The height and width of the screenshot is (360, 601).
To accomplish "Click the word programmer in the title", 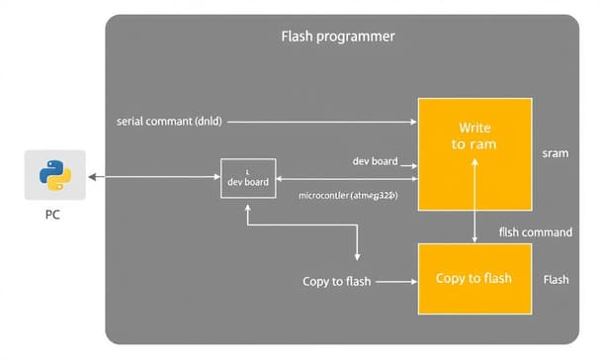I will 356,37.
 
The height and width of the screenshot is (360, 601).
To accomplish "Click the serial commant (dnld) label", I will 169,122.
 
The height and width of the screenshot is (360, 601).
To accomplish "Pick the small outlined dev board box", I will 247,177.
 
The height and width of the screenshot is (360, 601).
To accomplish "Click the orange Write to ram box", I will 474,153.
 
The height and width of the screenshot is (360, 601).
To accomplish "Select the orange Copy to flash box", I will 474,278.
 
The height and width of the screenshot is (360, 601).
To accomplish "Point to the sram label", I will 555,154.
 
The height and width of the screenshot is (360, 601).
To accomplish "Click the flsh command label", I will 535,232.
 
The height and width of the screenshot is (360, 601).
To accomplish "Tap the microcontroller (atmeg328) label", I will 348,196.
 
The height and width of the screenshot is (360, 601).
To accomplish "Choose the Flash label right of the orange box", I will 556,280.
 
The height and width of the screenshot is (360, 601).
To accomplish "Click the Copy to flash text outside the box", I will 336,282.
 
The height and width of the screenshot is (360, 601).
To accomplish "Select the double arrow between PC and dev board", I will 152,177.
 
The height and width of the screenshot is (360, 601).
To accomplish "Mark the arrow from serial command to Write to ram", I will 326,122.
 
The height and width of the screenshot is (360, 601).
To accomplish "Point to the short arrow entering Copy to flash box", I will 396,282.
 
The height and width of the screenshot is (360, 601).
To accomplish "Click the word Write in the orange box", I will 474,129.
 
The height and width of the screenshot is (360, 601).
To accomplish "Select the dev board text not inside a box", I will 375,160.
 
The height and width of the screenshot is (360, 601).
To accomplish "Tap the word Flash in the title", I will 298,37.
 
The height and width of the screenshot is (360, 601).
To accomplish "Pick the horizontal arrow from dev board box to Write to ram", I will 346,179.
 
